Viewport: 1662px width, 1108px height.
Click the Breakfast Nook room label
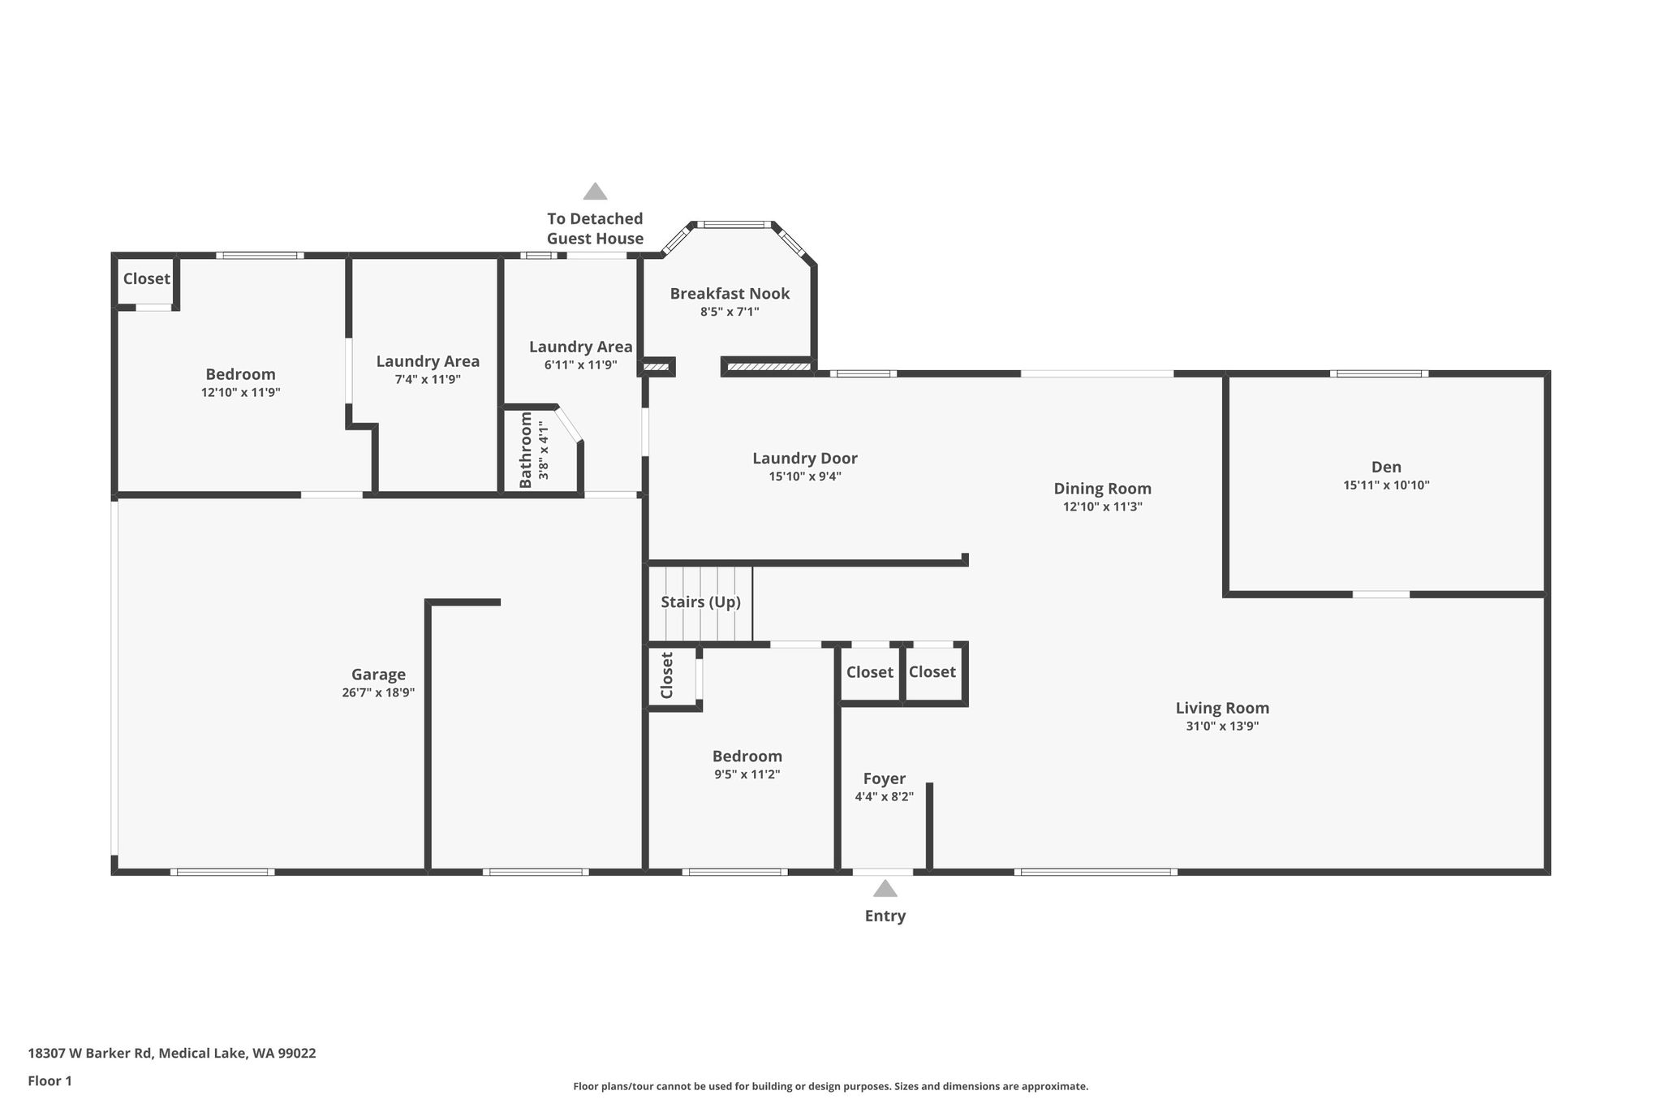click(730, 293)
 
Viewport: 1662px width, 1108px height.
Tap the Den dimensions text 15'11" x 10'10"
click(1386, 485)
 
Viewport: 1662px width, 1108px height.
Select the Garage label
click(378, 675)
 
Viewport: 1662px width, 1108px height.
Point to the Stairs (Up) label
click(700, 602)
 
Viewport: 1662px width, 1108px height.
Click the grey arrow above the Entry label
click(885, 888)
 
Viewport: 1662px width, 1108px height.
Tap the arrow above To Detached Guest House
click(595, 192)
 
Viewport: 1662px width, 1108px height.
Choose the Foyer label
click(884, 779)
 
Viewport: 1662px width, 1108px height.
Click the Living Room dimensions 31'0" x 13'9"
click(1222, 726)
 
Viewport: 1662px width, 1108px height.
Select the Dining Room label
click(1102, 489)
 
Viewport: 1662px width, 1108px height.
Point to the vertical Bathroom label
click(526, 451)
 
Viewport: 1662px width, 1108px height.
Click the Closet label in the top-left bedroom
click(147, 278)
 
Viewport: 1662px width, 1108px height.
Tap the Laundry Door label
click(805, 459)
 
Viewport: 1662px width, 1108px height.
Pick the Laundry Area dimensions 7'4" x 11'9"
click(428, 379)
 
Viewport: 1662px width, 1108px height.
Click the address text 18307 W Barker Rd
click(90, 1054)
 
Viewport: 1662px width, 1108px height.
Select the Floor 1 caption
click(50, 1081)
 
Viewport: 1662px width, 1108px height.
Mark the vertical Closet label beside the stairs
click(667, 675)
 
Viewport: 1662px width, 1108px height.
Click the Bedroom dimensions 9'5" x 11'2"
click(747, 774)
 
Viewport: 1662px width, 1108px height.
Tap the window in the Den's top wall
click(1380, 373)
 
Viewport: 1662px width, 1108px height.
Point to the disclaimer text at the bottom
click(831, 1086)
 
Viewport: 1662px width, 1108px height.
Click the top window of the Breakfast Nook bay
click(734, 224)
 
